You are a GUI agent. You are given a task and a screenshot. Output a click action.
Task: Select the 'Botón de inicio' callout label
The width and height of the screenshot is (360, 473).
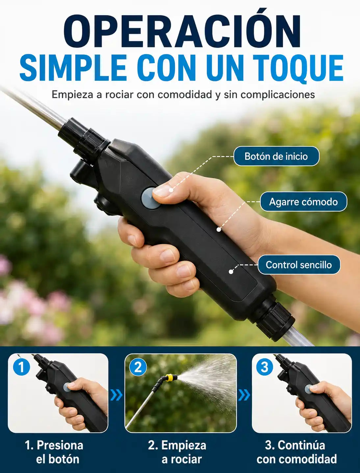[x=276, y=156]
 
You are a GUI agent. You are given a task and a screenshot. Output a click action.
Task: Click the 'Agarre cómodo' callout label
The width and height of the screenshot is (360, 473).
[x=303, y=202]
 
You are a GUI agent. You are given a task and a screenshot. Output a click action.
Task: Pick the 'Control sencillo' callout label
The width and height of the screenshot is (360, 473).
[x=299, y=264]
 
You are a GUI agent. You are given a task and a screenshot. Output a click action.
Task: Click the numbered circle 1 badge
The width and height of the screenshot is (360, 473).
[x=21, y=367]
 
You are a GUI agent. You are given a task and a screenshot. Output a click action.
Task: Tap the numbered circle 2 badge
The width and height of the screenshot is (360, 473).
[x=138, y=367]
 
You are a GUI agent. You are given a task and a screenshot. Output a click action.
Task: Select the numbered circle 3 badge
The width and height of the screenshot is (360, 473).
[x=265, y=367]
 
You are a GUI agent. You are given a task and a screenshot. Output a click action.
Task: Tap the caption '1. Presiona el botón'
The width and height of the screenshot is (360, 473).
[x=54, y=452]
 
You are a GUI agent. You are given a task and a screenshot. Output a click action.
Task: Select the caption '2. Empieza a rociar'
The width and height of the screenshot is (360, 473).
[x=177, y=452]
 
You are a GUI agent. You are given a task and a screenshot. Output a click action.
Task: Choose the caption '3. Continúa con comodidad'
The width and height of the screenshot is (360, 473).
[x=297, y=452]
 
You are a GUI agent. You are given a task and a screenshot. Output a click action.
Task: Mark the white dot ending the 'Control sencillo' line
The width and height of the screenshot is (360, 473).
[x=231, y=272]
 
